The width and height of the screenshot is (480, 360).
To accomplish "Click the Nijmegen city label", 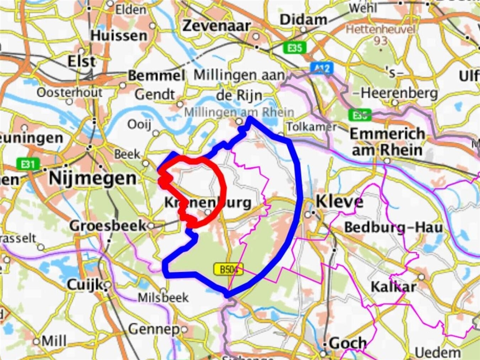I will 93,179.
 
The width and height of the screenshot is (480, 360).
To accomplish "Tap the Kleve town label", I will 339,202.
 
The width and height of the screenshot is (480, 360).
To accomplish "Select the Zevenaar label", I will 217,26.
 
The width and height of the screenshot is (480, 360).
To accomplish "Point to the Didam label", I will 304,19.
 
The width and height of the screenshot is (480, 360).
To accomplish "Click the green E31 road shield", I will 26,163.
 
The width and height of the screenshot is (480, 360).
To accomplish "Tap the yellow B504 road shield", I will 228,269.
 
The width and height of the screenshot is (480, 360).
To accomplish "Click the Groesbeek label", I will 108,226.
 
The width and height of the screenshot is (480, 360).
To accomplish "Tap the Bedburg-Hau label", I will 393,228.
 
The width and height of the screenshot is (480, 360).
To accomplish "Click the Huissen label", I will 119,36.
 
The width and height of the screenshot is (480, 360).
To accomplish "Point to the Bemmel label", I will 156,76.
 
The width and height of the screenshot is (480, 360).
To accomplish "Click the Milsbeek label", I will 163,298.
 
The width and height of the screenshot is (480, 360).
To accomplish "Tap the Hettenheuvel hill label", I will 381,30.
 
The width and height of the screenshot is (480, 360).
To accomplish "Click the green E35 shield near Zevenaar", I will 295,48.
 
